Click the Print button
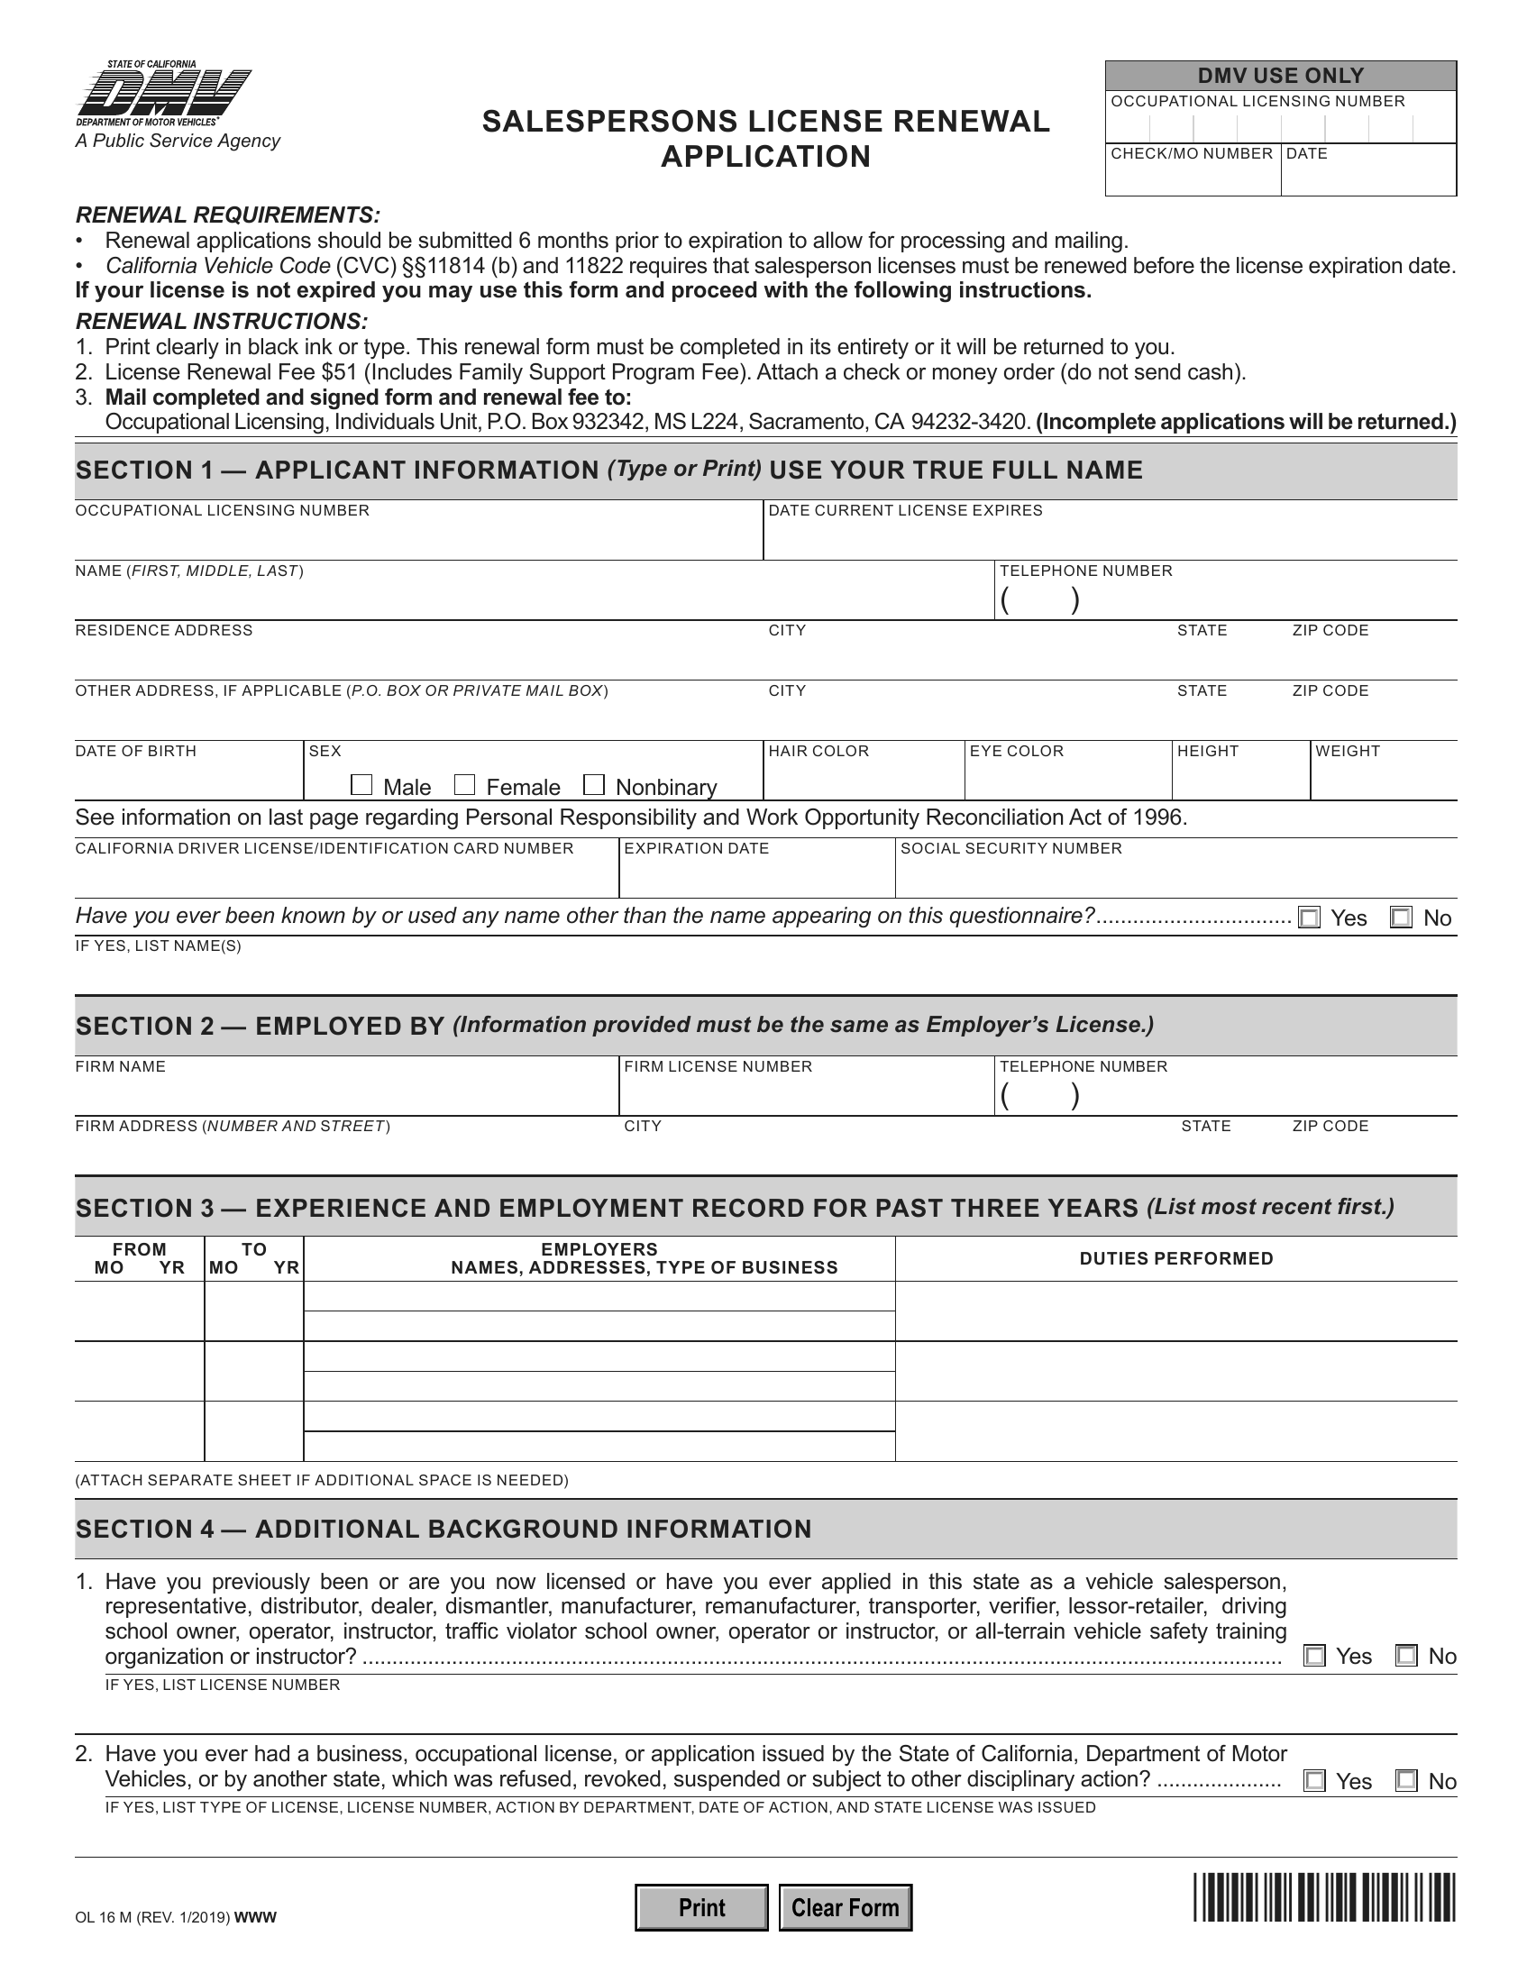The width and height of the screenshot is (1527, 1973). tap(701, 1907)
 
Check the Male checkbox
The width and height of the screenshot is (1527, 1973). tap(361, 785)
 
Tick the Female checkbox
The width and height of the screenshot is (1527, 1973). tap(464, 785)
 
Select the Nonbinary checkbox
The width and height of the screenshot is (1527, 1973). tap(594, 785)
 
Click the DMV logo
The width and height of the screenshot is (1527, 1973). tap(164, 94)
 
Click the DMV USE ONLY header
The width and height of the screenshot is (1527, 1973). tap(1280, 76)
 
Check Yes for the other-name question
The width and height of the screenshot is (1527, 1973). tap(1308, 918)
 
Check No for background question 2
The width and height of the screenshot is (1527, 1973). tap(1406, 1781)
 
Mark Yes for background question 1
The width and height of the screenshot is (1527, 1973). tap(1314, 1656)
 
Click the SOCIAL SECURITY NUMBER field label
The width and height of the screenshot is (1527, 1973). tap(1010, 848)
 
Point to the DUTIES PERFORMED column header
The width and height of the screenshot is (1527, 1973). tap(1175, 1258)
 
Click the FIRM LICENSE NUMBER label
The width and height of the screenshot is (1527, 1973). tap(718, 1066)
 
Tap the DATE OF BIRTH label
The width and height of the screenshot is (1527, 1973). tap(135, 751)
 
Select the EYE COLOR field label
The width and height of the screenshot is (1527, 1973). tap(1016, 751)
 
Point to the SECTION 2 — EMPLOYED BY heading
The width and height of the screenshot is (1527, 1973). tap(261, 1027)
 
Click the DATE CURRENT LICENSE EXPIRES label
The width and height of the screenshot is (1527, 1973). tap(904, 510)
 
